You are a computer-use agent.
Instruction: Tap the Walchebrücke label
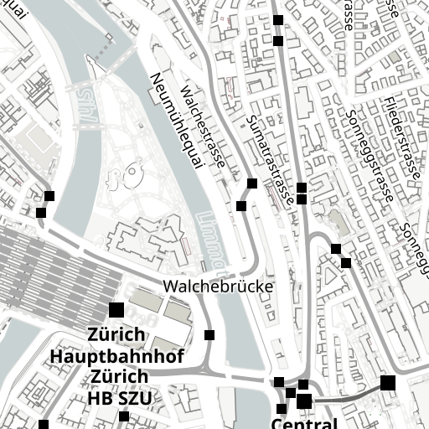click(220, 287)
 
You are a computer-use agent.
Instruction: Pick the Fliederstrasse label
click(401, 140)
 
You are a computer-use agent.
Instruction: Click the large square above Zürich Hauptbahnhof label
click(116, 310)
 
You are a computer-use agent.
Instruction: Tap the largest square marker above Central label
click(303, 401)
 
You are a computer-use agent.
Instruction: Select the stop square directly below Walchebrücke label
click(209, 335)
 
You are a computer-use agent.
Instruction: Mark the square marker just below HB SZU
click(124, 416)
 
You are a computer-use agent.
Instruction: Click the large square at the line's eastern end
click(387, 383)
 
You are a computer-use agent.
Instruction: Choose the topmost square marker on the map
click(278, 19)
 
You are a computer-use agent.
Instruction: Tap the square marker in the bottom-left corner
click(44, 424)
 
